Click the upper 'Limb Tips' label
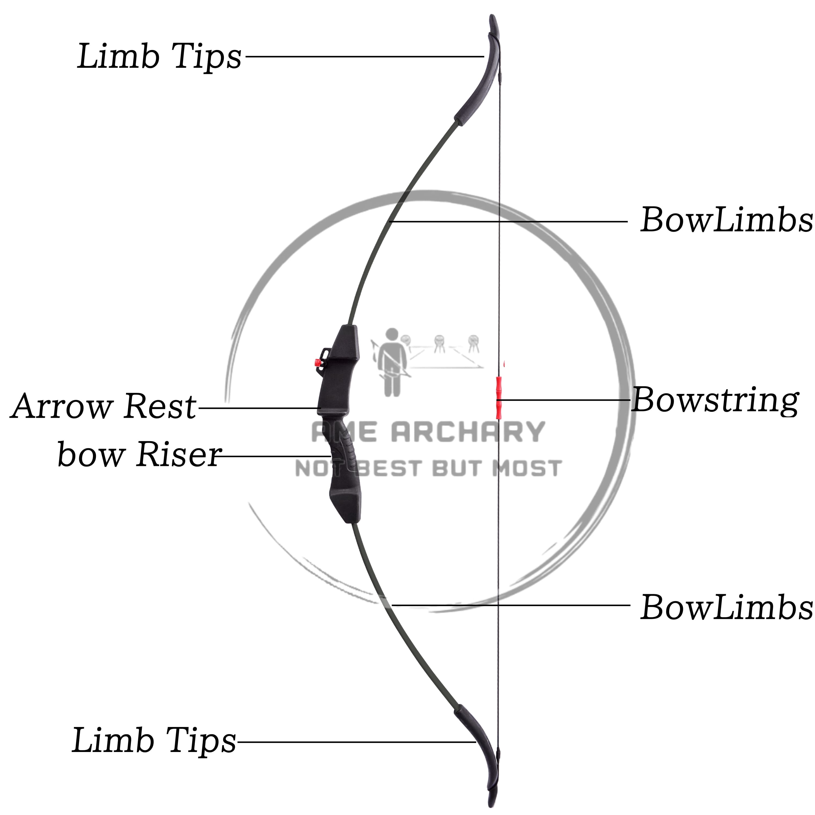tap(159, 57)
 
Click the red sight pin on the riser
tap(316, 362)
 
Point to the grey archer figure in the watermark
tap(391, 363)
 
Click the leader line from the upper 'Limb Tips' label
tap(363, 56)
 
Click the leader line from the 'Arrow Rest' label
tap(257, 408)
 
